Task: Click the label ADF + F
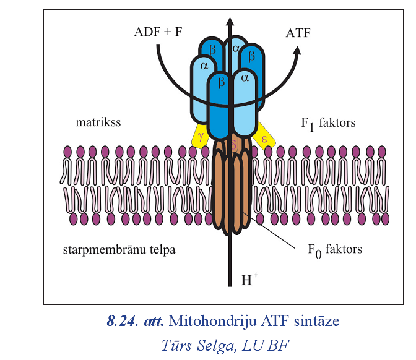point(158,33)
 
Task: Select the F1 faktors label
point(328,123)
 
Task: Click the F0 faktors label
point(335,251)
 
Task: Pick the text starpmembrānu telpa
point(119,250)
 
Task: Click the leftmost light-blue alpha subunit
point(203,87)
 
